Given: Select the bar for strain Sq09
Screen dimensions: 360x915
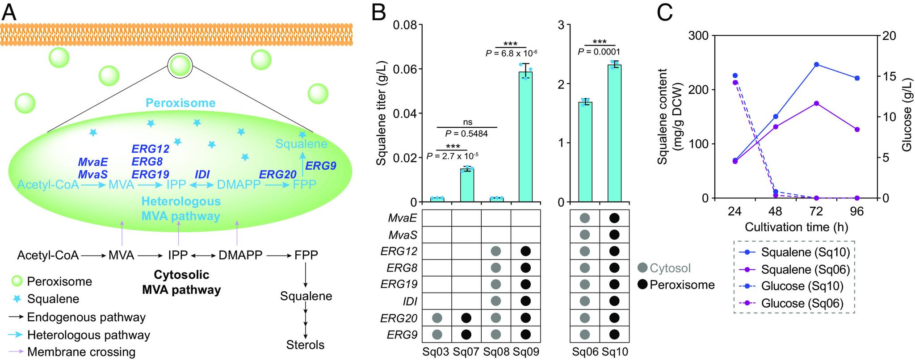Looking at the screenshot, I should point(525,136).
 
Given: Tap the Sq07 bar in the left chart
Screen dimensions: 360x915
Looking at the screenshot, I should point(467,185).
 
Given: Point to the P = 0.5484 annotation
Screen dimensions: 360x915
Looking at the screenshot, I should point(466,134).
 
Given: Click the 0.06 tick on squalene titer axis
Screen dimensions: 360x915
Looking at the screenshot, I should point(404,69).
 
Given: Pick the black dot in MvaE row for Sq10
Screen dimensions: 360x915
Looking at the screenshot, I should point(614,218).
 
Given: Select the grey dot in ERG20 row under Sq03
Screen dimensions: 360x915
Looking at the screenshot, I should point(437,318).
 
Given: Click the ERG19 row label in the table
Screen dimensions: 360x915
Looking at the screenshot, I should point(399,284).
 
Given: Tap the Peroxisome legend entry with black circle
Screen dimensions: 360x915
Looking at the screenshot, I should point(676,285).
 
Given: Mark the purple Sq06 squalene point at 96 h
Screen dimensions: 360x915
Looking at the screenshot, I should point(857,130).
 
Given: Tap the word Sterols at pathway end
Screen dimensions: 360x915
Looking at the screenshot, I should point(306,345).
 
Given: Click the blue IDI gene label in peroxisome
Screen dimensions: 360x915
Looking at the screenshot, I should point(202,175).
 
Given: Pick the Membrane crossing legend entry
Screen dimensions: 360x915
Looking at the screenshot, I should point(81,352).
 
